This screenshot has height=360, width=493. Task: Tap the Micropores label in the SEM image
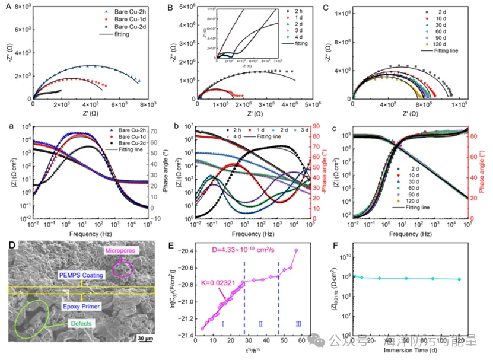(x=121, y=250)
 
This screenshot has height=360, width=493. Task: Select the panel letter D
(x=8, y=242)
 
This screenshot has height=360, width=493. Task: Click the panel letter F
(x=339, y=242)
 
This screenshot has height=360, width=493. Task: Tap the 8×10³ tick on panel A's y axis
(x=20, y=7)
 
